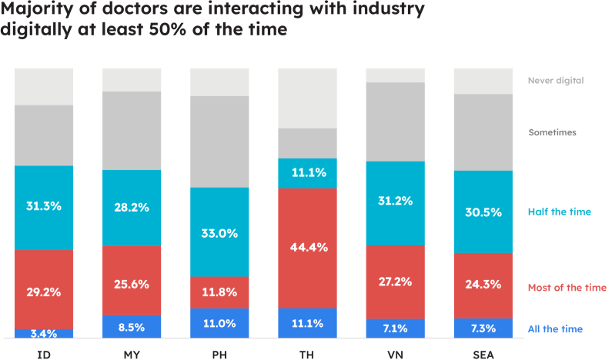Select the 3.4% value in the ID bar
tap(44, 334)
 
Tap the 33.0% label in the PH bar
tap(219, 233)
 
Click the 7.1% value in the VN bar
tap(395, 328)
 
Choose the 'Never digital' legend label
tap(556, 80)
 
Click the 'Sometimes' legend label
tap(552, 132)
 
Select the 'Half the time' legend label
tap(560, 211)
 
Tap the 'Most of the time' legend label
tap(567, 288)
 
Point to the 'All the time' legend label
tap(555, 329)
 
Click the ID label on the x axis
tap(44, 355)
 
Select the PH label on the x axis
tap(219, 355)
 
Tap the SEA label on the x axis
tap(483, 355)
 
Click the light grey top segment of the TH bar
tap(307, 98)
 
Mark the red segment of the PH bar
tap(219, 292)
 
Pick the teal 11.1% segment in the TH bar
tap(307, 174)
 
